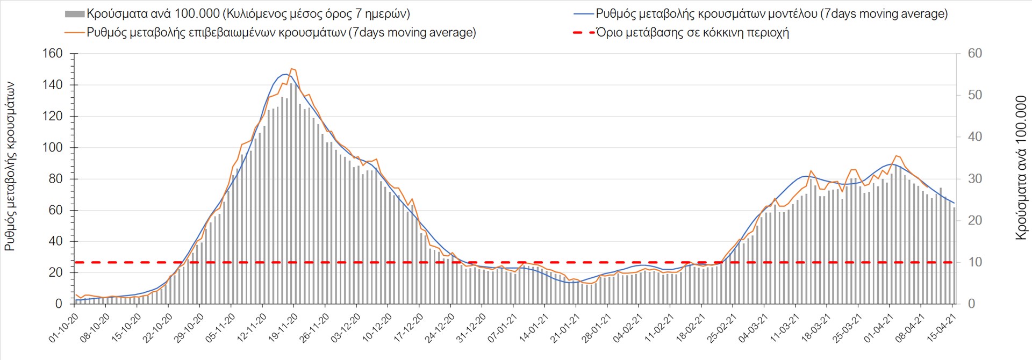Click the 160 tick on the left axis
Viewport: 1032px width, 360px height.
53,54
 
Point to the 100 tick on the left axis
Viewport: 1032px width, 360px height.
53,148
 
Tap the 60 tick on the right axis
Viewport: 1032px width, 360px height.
974,54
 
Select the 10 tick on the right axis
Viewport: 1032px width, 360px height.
974,262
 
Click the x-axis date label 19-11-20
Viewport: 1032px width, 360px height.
283,328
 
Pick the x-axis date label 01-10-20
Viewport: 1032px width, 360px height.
64,328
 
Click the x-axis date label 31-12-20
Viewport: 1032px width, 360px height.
471,328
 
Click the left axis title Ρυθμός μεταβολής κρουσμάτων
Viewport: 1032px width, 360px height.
10,167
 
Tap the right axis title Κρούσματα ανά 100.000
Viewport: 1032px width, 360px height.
1021,168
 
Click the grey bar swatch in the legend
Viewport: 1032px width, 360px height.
74,14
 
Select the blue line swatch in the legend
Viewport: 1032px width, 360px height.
584,14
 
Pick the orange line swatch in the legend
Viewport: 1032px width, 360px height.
75,33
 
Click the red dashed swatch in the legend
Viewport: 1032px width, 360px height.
584,33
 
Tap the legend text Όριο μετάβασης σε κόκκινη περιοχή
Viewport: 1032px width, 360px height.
693,33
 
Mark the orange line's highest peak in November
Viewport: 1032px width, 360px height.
292,69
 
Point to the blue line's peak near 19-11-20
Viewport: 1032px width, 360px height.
285,74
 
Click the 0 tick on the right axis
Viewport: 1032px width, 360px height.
971,304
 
